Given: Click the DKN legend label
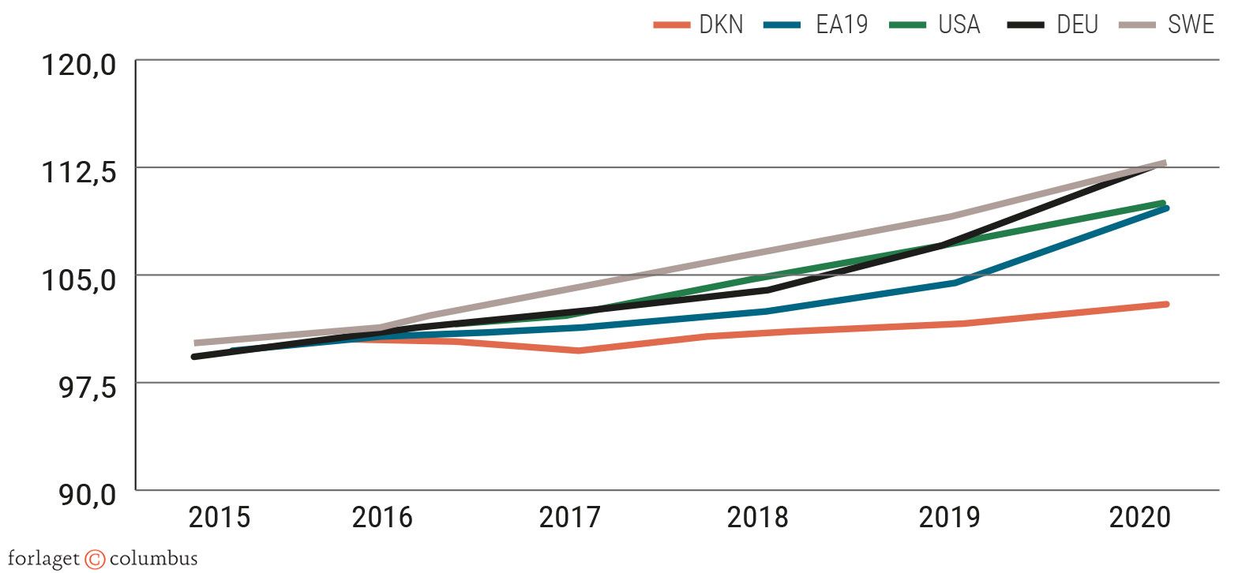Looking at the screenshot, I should click(x=721, y=24).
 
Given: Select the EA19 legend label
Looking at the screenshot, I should click(x=841, y=24).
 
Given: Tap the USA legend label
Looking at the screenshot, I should click(x=959, y=24).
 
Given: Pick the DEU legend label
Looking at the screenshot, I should click(x=1077, y=24).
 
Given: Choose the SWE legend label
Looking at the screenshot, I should click(x=1190, y=24).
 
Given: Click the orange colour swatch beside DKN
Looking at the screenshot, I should click(x=672, y=25).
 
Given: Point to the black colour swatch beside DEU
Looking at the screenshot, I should click(x=1026, y=25).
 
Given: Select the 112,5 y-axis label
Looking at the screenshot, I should click(x=78, y=171).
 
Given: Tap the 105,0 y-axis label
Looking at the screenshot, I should click(x=78, y=279).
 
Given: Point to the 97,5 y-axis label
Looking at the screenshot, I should click(x=88, y=387).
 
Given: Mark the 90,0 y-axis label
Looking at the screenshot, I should click(x=88, y=495).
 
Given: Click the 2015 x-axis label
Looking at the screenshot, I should click(x=219, y=518).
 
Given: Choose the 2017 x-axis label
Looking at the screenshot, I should click(x=569, y=518).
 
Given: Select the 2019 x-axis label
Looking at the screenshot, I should click(x=948, y=518).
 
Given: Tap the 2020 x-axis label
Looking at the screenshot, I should click(x=1139, y=518).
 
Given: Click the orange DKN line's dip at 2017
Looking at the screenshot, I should click(x=579, y=350).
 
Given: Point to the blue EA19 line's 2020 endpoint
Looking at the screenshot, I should click(x=1165, y=208).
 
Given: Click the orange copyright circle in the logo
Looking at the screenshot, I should click(x=95, y=560).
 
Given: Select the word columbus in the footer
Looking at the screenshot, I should click(x=153, y=560).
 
